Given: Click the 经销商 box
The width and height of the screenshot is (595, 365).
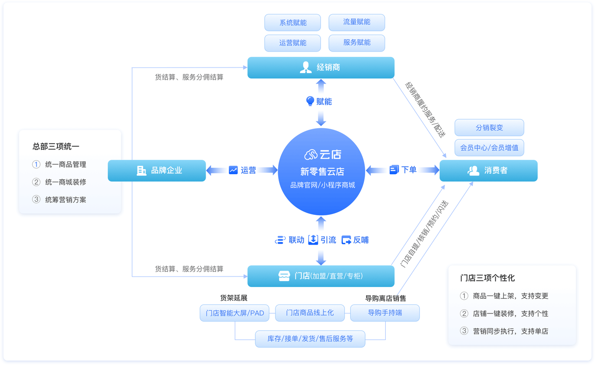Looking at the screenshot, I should coord(321,68).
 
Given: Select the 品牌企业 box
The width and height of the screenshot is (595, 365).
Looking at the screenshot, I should coord(157,170).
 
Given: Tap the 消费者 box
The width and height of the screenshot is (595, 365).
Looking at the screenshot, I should coord(488,171).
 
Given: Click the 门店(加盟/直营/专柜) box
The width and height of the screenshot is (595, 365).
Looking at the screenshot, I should coord(321,276).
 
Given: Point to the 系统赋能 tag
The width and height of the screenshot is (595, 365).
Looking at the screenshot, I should coord(293,22).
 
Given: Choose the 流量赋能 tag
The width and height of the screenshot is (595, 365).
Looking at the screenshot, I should coord(357,22).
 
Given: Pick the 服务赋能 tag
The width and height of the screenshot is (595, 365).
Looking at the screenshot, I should coord(357,42).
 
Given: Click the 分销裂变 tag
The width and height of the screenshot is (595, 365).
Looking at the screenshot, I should coord(489,128).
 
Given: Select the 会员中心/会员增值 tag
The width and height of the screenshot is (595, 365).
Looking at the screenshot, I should coord(489,148).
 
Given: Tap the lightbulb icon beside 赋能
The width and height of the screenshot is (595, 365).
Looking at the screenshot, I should coord(310,101).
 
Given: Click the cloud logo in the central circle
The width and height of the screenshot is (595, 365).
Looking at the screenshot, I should coord(310,155).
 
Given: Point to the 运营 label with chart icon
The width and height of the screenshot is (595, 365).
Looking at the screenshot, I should coord(243,170).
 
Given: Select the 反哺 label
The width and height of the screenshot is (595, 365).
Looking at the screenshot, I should coord(355,240).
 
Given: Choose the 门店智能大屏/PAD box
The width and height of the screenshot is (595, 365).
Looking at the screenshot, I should coord(235,313).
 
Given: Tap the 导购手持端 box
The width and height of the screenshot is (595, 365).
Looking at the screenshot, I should coord(385,313).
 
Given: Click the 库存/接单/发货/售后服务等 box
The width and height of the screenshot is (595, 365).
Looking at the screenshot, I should coord(310,339).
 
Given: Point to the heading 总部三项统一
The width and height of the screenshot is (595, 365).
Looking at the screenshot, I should coord(56,146).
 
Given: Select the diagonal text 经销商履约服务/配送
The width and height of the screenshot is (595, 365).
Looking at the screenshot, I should coord(425,109).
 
